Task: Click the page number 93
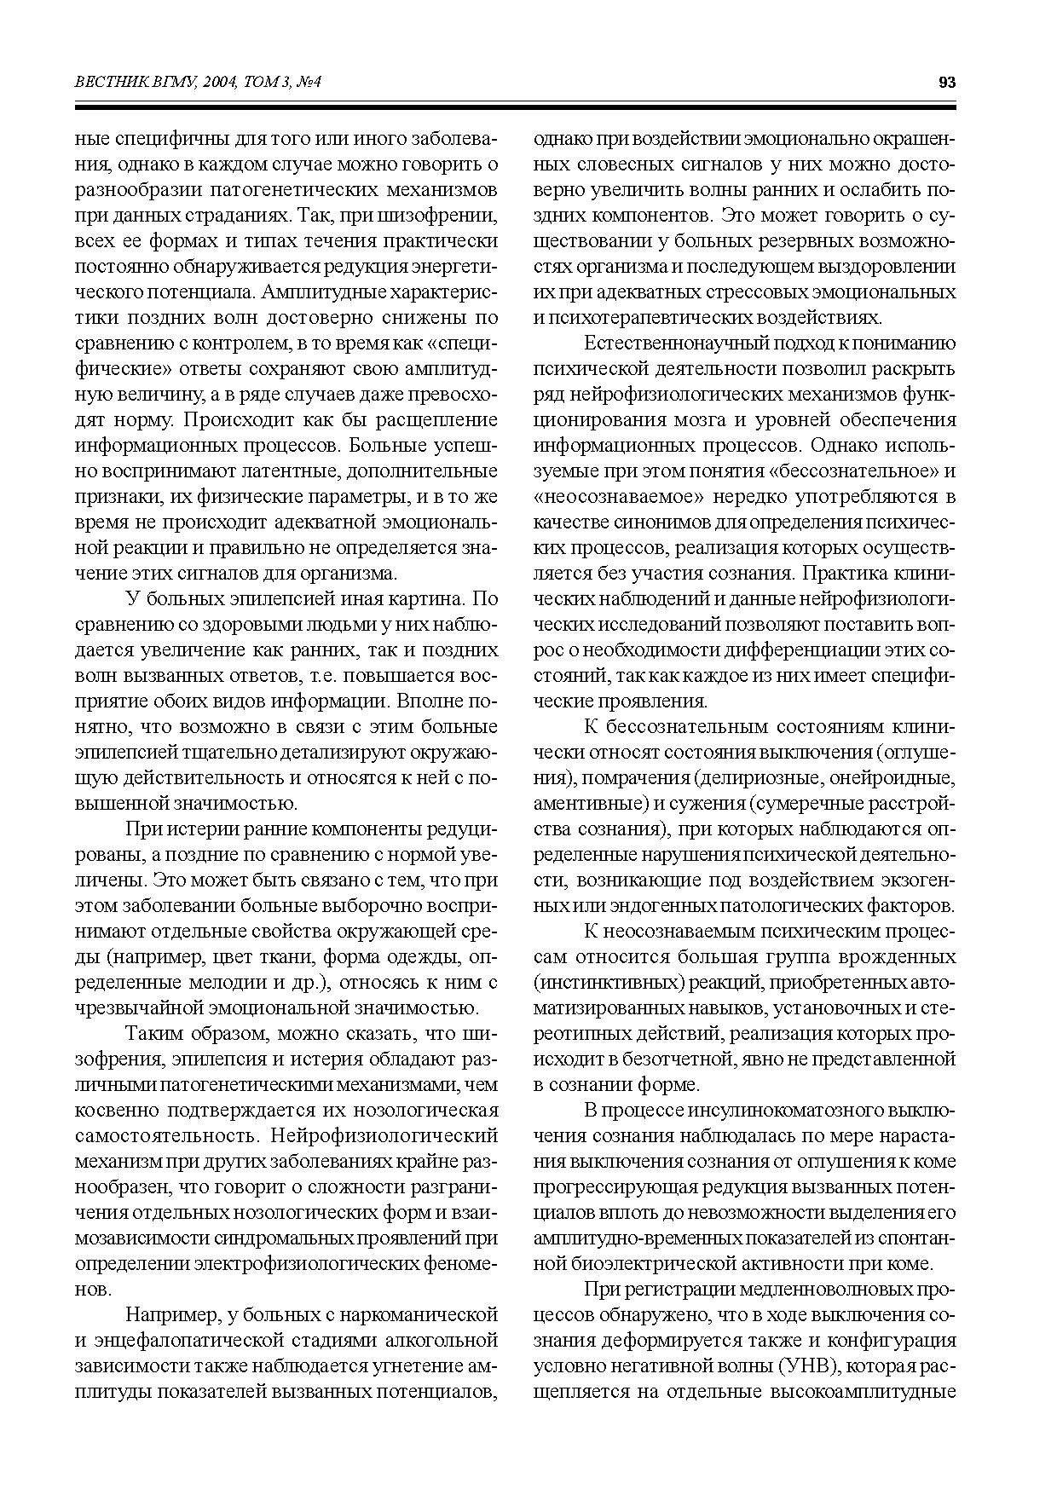coord(946,83)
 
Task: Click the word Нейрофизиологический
coord(383,1136)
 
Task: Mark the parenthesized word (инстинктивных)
coord(609,983)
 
